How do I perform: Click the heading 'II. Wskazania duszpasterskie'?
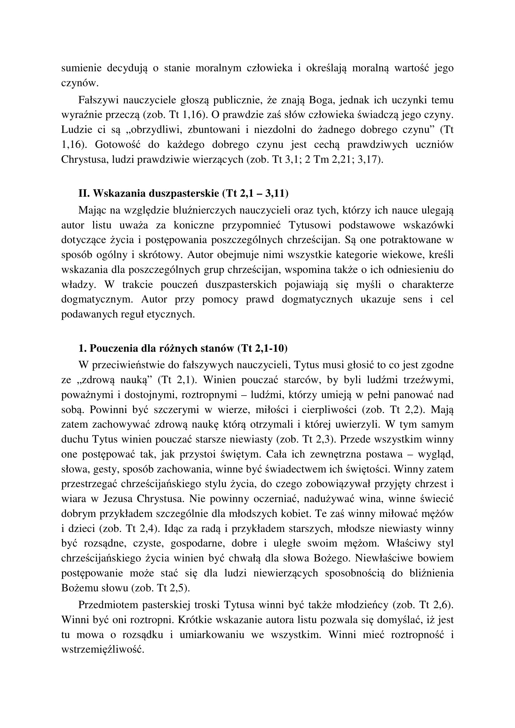click(x=149, y=193)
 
